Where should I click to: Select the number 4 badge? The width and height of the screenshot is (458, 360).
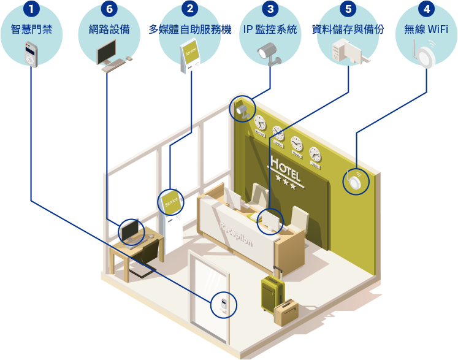pos(427,9)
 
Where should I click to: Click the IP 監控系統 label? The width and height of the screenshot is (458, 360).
pos(270,29)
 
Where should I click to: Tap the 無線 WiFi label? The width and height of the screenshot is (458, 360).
pos(427,29)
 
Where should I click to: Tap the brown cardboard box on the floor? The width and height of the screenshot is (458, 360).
pos(286,312)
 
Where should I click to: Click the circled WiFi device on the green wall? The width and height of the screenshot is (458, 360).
pos(355,182)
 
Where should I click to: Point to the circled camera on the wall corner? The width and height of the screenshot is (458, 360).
pos(242,110)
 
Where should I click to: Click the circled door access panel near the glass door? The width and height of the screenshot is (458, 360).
pos(223,304)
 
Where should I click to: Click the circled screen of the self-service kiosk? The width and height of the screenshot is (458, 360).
pos(171,201)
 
